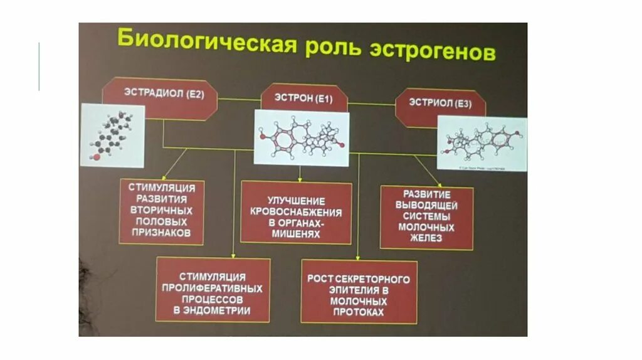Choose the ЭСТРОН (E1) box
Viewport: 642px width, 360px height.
click(303, 98)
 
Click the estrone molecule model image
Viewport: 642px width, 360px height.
click(302, 138)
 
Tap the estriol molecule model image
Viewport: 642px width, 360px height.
click(481, 143)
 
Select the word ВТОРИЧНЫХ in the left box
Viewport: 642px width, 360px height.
click(162, 210)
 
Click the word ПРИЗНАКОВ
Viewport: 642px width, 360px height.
click(162, 233)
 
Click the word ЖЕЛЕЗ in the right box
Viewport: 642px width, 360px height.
click(426, 238)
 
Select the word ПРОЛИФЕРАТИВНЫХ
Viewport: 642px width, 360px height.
click(213, 288)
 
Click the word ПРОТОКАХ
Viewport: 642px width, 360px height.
click(358, 312)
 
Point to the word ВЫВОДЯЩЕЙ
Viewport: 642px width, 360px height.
click(426, 205)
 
